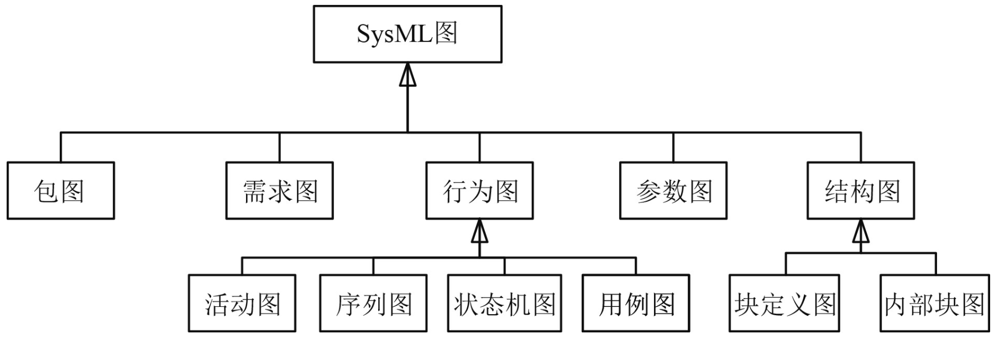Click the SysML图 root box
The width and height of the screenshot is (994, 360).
click(x=407, y=34)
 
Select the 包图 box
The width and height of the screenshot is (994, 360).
click(x=61, y=191)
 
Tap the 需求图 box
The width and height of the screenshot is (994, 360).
click(x=280, y=191)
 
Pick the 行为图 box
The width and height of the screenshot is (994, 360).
click(x=479, y=191)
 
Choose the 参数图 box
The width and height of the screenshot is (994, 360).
click(x=673, y=191)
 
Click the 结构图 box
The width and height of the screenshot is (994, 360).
click(x=861, y=191)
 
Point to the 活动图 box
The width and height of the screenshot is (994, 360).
click(x=242, y=304)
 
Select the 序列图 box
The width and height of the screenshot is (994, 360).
click(x=373, y=304)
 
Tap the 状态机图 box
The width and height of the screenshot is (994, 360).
click(x=505, y=304)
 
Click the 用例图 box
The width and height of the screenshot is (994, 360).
click(x=636, y=304)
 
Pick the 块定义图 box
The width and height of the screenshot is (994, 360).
click(x=784, y=304)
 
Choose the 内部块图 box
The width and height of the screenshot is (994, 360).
click(x=935, y=304)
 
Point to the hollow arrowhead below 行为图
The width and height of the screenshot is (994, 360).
click(x=479, y=232)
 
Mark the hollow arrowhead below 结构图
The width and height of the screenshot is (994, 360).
click(x=861, y=232)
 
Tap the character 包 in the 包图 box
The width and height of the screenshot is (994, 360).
click(x=46, y=191)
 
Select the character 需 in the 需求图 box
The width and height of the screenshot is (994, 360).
click(x=254, y=191)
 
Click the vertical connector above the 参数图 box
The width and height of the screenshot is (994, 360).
click(x=673, y=147)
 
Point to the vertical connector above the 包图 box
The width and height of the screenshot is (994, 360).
click(x=61, y=147)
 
